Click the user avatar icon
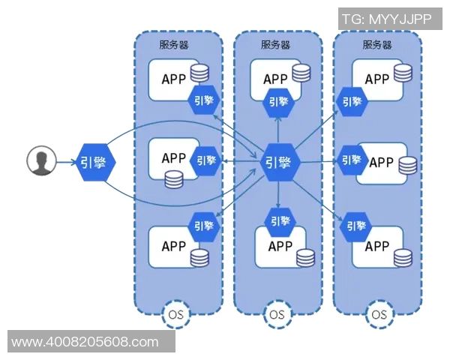(x=42, y=160)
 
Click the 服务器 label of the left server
(x=174, y=44)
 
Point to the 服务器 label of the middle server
(x=275, y=44)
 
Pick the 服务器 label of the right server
(x=376, y=44)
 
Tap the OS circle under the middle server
(x=277, y=313)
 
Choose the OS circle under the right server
(x=378, y=313)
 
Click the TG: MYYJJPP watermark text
(x=386, y=19)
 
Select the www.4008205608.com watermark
(x=85, y=342)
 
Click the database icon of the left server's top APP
(x=199, y=73)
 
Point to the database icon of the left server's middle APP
(x=174, y=180)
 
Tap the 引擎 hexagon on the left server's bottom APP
(x=203, y=224)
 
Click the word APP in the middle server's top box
(x=275, y=79)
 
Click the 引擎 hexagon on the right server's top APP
(x=352, y=99)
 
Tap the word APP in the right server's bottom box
(x=376, y=246)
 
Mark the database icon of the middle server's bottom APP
(x=304, y=256)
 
